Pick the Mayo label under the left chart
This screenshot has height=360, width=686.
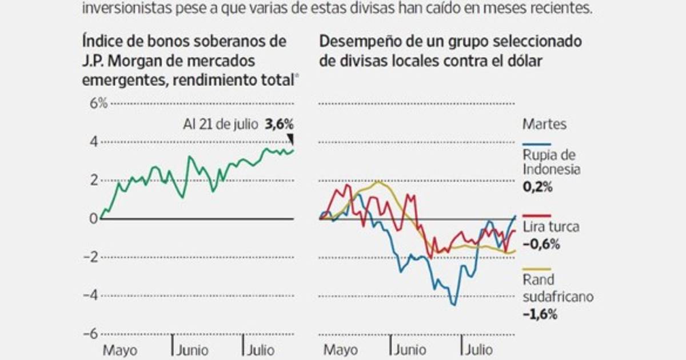click(x=119, y=350)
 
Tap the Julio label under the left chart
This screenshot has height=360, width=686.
click(x=261, y=350)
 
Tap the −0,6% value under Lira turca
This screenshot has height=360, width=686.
click(x=541, y=244)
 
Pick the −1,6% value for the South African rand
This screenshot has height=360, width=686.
click(x=540, y=314)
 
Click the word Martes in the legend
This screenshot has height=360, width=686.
click(x=544, y=124)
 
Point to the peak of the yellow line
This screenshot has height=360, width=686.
click(x=378, y=182)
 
